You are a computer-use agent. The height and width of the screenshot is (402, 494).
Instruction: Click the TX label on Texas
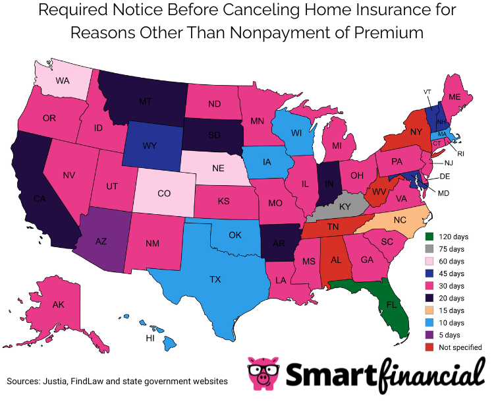click(215, 279)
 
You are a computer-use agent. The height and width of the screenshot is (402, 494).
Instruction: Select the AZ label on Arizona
click(101, 242)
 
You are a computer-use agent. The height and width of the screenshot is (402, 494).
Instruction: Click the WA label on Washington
click(63, 82)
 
